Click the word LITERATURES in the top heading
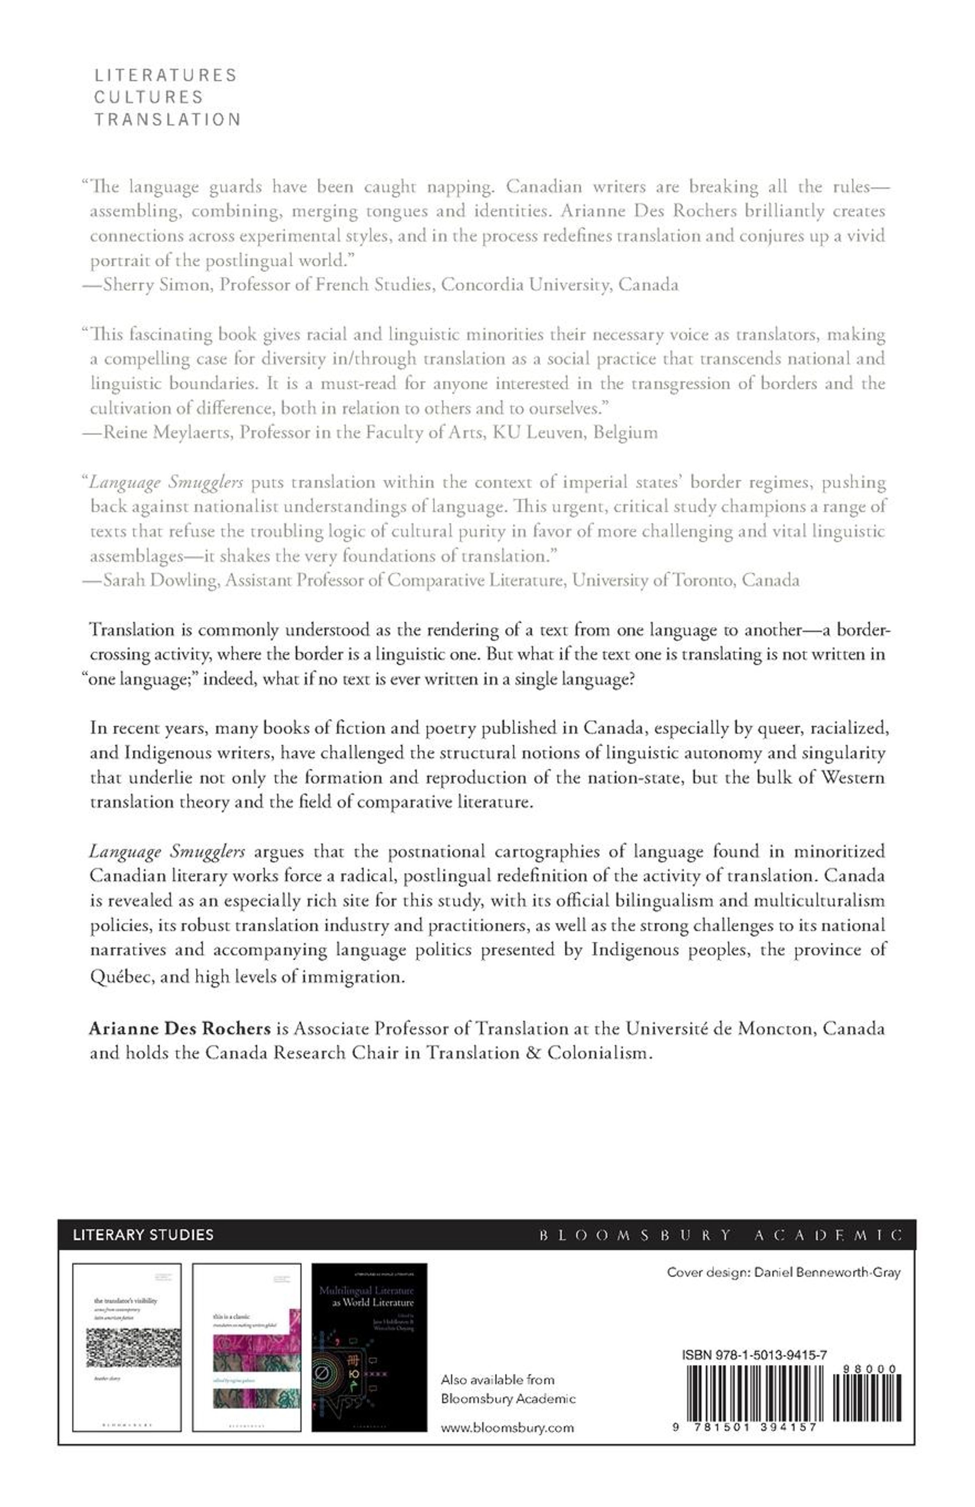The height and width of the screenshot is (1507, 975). pyautogui.click(x=165, y=75)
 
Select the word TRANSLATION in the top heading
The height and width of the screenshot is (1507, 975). pyautogui.click(x=168, y=120)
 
